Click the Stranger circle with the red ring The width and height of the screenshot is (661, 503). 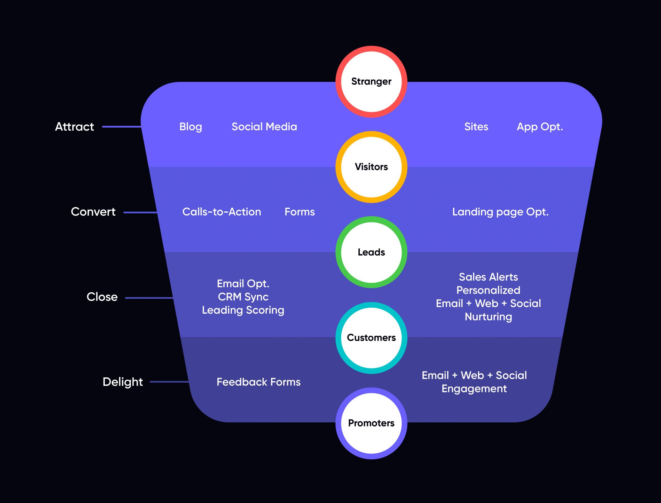(371, 82)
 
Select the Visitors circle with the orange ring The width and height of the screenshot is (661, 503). (371, 167)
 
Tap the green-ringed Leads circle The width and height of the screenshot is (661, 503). (371, 252)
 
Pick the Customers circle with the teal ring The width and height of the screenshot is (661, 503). (371, 338)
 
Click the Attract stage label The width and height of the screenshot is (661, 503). (75, 127)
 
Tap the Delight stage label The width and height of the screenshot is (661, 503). (123, 382)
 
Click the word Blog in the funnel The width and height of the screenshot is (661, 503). (191, 127)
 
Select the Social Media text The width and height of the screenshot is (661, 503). (264, 127)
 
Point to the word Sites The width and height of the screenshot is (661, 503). (476, 127)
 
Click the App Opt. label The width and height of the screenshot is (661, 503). (540, 127)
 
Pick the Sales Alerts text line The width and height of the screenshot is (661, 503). (488, 277)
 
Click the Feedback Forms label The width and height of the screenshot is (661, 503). (258, 382)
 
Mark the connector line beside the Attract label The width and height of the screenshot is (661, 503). (122, 127)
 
